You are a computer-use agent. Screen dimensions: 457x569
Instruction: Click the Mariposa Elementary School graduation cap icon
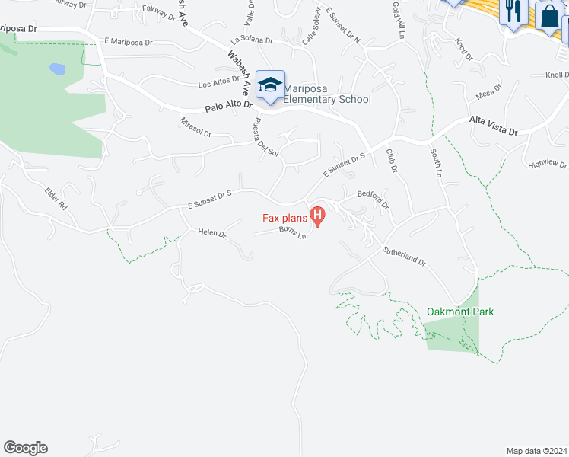[x=270, y=85]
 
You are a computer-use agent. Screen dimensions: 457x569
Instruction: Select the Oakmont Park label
[x=460, y=312]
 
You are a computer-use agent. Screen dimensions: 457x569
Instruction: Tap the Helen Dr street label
[x=212, y=233]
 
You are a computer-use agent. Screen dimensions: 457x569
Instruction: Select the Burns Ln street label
[x=293, y=232]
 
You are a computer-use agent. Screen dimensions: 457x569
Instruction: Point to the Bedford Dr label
[x=373, y=200]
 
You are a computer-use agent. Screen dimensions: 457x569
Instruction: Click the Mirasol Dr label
[x=195, y=128]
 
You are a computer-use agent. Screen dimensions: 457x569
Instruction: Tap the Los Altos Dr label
[x=219, y=83]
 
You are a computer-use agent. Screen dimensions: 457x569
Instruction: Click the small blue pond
[x=57, y=69]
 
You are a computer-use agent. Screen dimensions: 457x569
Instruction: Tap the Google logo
[x=25, y=448]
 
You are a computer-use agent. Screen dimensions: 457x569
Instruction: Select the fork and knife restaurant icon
[x=513, y=11]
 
